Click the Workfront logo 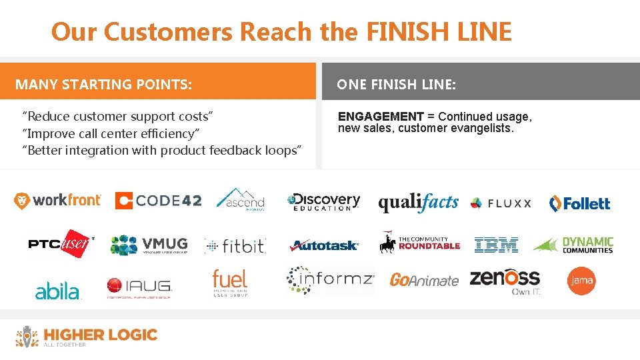(57, 200)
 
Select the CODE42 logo (158, 201)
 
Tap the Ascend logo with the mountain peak (240, 199)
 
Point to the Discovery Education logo (323, 201)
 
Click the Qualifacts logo (418, 203)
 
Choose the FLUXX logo (501, 203)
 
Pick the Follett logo (579, 203)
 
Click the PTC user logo (60, 244)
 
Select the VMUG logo (149, 245)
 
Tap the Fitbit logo (235, 246)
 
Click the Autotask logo (324, 246)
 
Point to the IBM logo (496, 245)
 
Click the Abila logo (57, 291)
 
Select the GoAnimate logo (424, 280)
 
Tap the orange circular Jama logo (581, 280)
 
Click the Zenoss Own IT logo (505, 281)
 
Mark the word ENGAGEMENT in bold (381, 117)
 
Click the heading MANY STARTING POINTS (103, 85)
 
